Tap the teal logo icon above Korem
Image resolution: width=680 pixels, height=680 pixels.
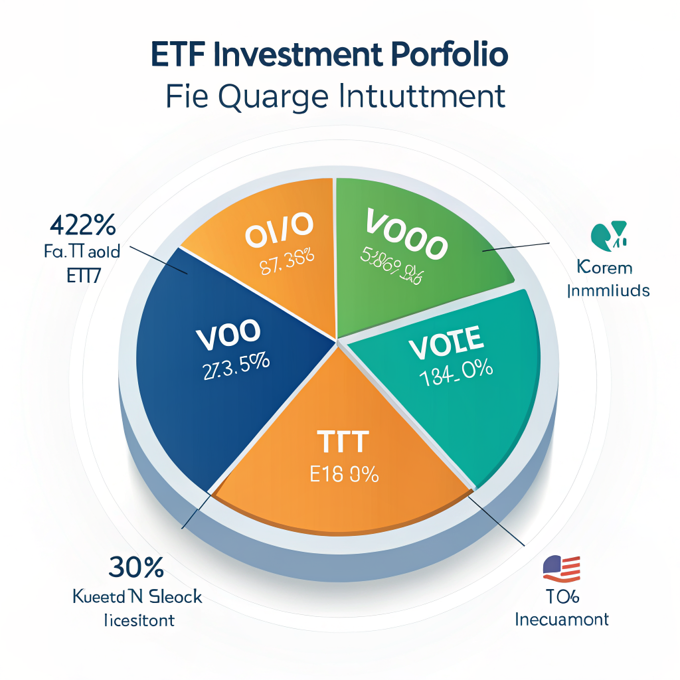pos(608,234)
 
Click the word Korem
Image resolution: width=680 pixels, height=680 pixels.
pos(604,268)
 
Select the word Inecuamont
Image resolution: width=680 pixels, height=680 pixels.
pos(562,620)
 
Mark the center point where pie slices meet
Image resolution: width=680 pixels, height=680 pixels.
pos(337,343)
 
